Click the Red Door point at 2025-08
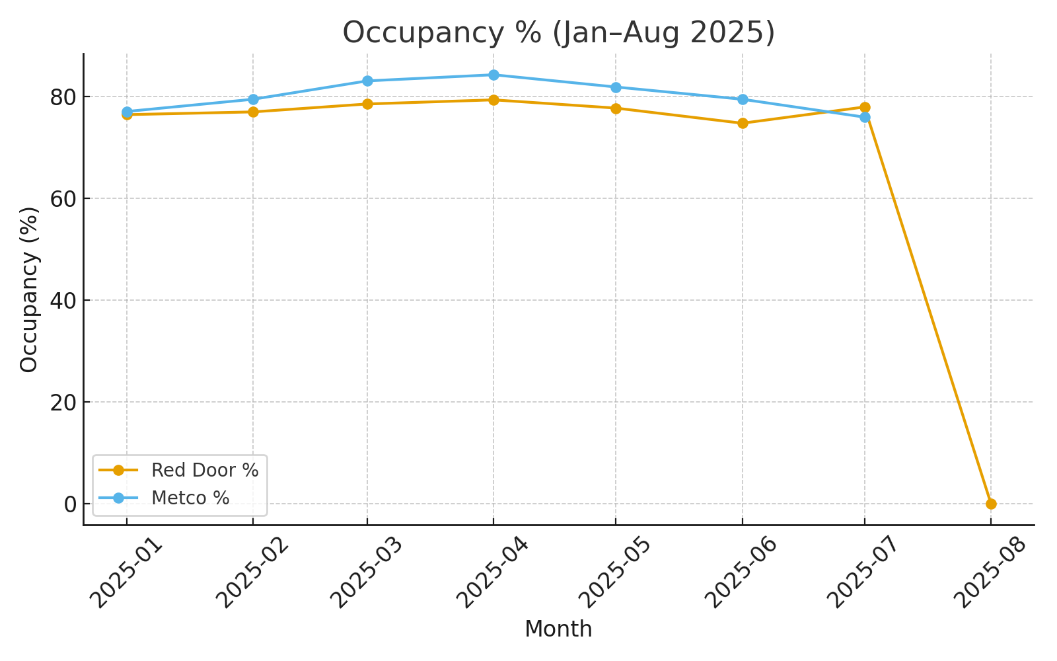click(991, 504)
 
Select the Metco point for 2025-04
click(493, 75)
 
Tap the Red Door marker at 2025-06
click(743, 123)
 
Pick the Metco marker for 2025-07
click(865, 117)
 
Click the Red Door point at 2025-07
click(865, 107)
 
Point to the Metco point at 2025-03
click(367, 81)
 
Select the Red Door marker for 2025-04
click(493, 100)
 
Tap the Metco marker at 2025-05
click(616, 87)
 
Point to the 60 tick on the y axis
click(63, 198)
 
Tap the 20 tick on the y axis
click(63, 402)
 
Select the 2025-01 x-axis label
click(125, 572)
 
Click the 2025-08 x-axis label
click(990, 572)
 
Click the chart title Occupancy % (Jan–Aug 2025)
click(558, 32)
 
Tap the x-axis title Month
click(558, 629)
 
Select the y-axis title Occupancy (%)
click(29, 290)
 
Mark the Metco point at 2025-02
click(253, 99)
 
